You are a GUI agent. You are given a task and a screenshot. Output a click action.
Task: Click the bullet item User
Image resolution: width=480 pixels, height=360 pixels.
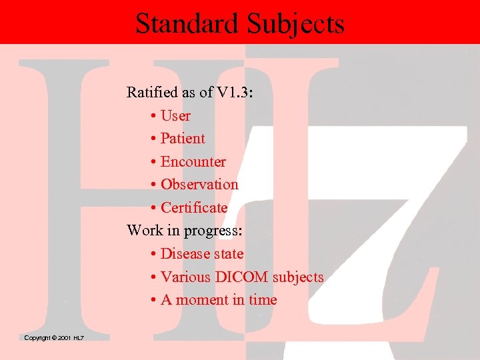(x=175, y=116)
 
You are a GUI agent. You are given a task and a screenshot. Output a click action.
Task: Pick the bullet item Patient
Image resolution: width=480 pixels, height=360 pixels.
(x=183, y=139)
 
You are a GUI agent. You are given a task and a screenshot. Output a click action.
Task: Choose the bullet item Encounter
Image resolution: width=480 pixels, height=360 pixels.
(x=193, y=162)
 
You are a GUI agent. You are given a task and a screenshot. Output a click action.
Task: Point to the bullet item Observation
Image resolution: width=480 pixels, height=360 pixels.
(x=199, y=185)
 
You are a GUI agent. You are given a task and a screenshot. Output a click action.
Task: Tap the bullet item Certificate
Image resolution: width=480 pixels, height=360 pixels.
(x=194, y=208)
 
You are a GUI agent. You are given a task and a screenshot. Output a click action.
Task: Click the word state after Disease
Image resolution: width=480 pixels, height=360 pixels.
(x=229, y=254)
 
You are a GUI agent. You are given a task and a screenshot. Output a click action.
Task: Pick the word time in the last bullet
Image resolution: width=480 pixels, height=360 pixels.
(x=263, y=300)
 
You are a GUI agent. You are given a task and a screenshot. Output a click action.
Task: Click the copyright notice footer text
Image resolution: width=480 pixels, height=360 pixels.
(x=54, y=338)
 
